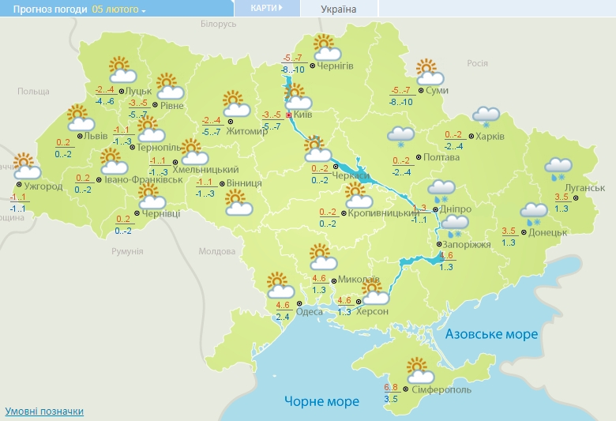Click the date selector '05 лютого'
pyautogui.click(x=118, y=9)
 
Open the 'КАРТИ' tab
pyautogui.click(x=268, y=8)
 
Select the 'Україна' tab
pyautogui.click(x=338, y=9)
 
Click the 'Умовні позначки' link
pyautogui.click(x=44, y=412)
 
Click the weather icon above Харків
pyautogui.click(x=486, y=117)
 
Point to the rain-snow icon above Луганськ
pyautogui.click(x=558, y=169)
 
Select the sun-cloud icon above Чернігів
pyautogui.click(x=325, y=48)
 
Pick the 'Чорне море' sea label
pyautogui.click(x=321, y=402)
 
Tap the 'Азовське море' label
pyautogui.click(x=491, y=334)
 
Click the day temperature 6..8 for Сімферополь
pyautogui.click(x=391, y=387)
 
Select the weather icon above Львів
pyautogui.click(x=80, y=118)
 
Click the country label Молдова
pyautogui.click(x=217, y=251)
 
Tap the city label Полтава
pyautogui.click(x=441, y=157)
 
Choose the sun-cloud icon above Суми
pyautogui.click(x=429, y=72)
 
